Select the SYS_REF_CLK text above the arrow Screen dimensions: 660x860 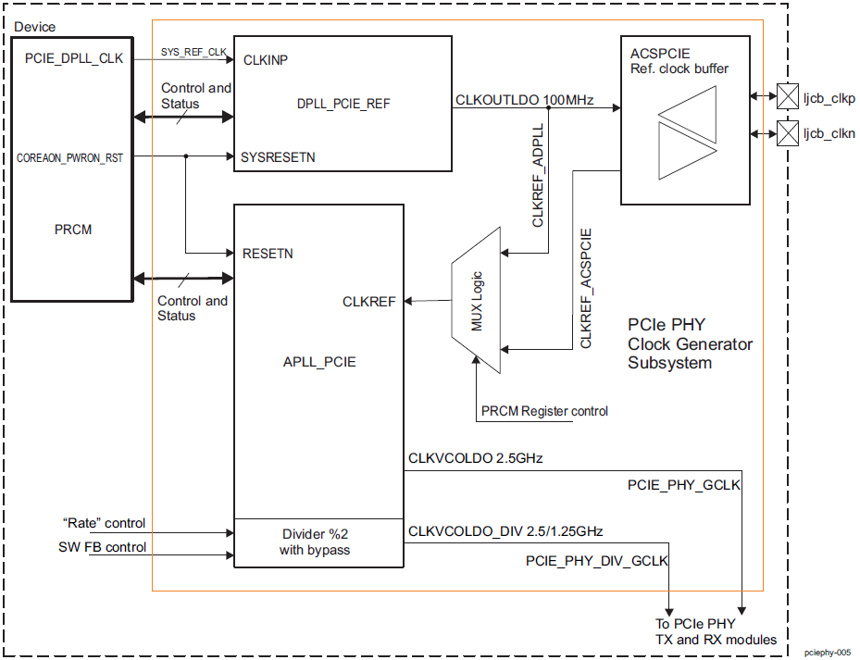[x=193, y=52]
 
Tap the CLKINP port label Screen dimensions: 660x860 [x=266, y=60]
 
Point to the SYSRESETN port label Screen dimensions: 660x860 [x=278, y=157]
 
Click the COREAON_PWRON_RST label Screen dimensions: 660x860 [x=70, y=158]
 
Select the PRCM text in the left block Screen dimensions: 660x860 [x=73, y=230]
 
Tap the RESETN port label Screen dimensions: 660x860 [x=268, y=253]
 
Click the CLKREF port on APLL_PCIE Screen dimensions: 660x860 [x=368, y=302]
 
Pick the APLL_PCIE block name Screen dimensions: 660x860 [x=319, y=362]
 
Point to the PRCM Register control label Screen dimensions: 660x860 [x=544, y=411]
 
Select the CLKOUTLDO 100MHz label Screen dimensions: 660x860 [x=524, y=100]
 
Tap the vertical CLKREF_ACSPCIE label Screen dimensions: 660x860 [x=586, y=288]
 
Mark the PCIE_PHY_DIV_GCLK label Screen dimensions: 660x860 [x=597, y=561]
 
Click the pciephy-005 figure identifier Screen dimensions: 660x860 [x=827, y=653]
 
